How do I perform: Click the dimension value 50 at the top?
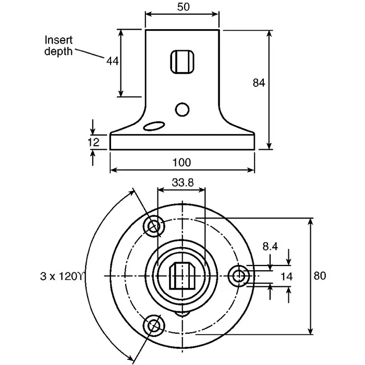pos(182,7)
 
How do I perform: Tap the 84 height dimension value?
pos(259,82)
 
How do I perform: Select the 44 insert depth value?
pos(113,61)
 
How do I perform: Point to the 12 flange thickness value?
pos(93,142)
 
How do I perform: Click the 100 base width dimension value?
pos(181,162)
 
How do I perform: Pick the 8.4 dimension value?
pos(270,246)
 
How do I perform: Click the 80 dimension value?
pos(320,276)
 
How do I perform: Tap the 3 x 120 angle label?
pos(62,275)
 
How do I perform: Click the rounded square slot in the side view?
pos(182,63)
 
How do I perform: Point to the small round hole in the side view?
pos(182,110)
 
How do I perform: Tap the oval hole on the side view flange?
pos(154,126)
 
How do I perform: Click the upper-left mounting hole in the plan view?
pos(154,226)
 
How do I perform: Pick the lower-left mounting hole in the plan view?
pos(154,325)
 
